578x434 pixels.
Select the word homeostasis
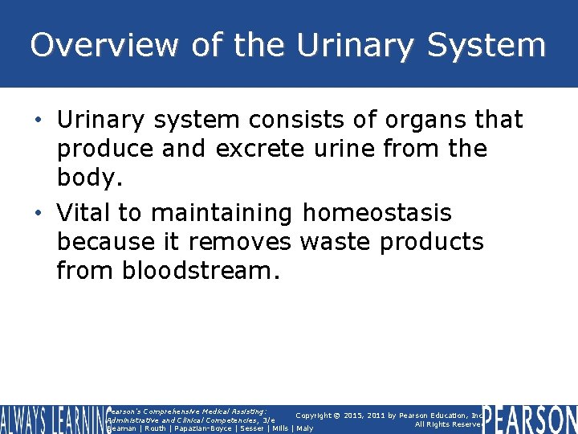(377, 213)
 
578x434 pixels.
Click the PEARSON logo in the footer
(531, 419)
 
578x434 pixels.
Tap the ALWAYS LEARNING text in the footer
(52, 419)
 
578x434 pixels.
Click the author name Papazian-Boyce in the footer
(200, 428)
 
